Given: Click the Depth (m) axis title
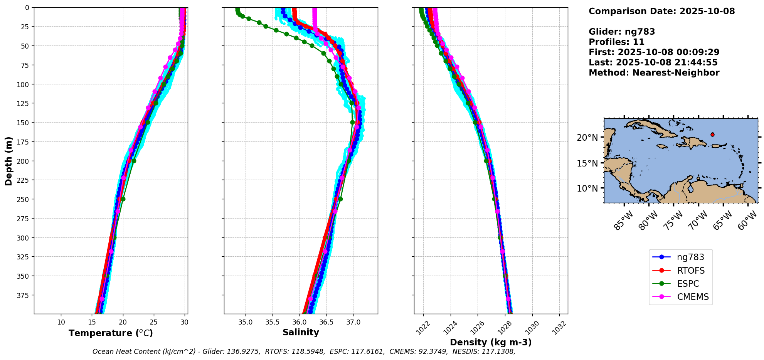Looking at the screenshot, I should click(x=8, y=161).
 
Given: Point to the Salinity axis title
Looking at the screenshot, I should click(x=301, y=333).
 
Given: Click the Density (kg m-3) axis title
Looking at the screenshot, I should click(x=491, y=342).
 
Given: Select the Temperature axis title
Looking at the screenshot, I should click(x=111, y=333).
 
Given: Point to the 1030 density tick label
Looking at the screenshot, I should click(x=532, y=328).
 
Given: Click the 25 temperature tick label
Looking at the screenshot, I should click(x=154, y=322).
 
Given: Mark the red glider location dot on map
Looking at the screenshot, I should click(x=712, y=135).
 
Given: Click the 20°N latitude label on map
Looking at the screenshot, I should click(x=587, y=138).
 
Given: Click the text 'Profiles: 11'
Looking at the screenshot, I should click(x=616, y=42).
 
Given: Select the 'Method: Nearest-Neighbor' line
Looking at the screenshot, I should click(x=654, y=73).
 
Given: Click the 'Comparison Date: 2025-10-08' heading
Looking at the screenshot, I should click(x=661, y=11).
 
